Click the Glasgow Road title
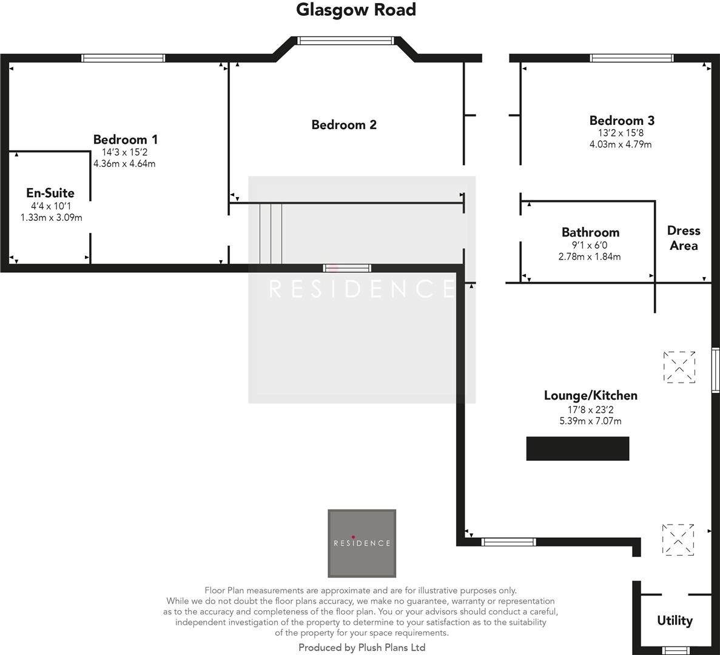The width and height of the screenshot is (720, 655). pyautogui.click(x=356, y=10)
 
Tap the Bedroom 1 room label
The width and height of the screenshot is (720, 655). pyautogui.click(x=126, y=139)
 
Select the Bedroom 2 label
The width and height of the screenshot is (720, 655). pyautogui.click(x=344, y=125)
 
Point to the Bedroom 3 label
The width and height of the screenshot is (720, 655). pyautogui.click(x=622, y=120)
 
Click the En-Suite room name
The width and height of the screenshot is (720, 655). pyautogui.click(x=50, y=193)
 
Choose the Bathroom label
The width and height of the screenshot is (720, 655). pyautogui.click(x=590, y=232)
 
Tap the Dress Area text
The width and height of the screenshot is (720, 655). pyautogui.click(x=684, y=238)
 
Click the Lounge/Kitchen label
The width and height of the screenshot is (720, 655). pyautogui.click(x=590, y=395)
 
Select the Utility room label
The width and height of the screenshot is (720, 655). pyautogui.click(x=675, y=620)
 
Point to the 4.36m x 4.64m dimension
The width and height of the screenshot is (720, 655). pyautogui.click(x=124, y=164)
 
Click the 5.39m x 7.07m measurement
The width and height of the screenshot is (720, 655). pyautogui.click(x=590, y=421)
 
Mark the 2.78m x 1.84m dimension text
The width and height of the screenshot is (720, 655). pyautogui.click(x=590, y=257)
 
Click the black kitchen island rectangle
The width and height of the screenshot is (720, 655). pyautogui.click(x=577, y=449)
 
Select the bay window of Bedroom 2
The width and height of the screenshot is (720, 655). pyautogui.click(x=346, y=41)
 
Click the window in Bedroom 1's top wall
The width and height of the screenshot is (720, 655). pyautogui.click(x=124, y=58)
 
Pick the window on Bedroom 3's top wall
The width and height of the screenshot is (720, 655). pyautogui.click(x=631, y=58)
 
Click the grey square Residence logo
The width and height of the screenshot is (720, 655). pyautogui.click(x=362, y=543)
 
